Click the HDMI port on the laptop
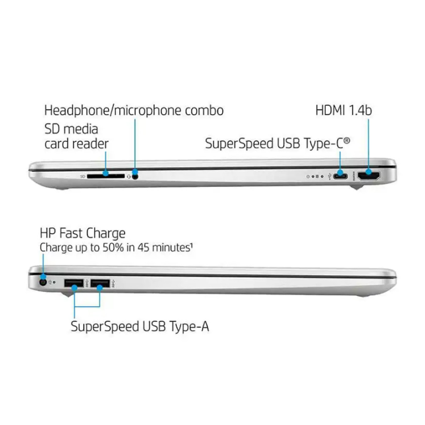[x=369, y=176]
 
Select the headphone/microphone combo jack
[x=135, y=176]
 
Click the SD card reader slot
[x=106, y=176]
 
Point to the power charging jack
[x=43, y=282]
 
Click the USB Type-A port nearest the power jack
[x=74, y=283]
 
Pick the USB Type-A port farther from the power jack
[x=100, y=283]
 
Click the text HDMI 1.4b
[x=343, y=111]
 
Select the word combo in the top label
[x=204, y=111]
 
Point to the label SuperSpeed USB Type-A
[x=140, y=326]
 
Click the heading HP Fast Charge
[x=82, y=233]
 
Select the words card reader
[x=76, y=144]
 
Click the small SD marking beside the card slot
[x=83, y=176]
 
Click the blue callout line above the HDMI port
[x=369, y=141]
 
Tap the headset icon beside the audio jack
[x=129, y=176]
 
